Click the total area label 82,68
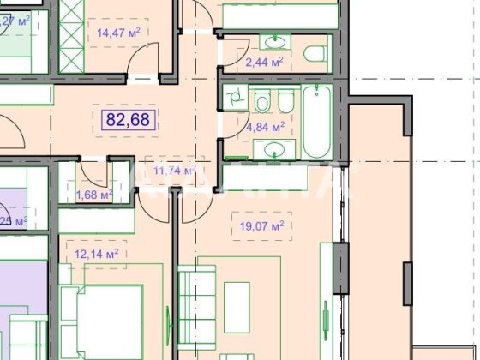131,119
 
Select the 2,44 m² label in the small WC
265,62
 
